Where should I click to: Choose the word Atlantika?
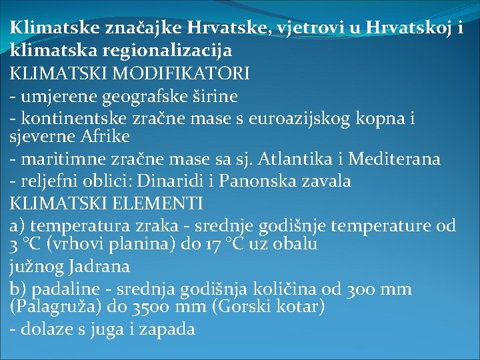303,159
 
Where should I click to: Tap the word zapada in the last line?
171,329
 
